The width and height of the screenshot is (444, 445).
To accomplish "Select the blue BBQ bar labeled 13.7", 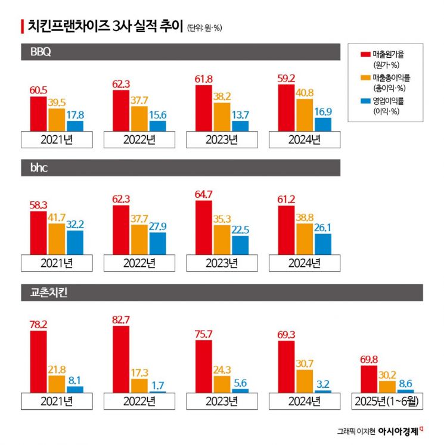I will [241, 126].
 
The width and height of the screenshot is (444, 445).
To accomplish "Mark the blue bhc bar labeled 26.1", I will [323, 244].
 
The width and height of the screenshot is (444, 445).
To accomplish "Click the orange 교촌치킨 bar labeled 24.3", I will [222, 384].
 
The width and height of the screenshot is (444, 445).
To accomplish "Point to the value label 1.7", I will [157, 385].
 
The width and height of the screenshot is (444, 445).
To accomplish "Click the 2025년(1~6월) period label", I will [387, 401].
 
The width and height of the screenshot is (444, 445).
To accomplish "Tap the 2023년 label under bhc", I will [221, 263].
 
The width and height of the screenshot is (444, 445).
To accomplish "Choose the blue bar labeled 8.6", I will [406, 391].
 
